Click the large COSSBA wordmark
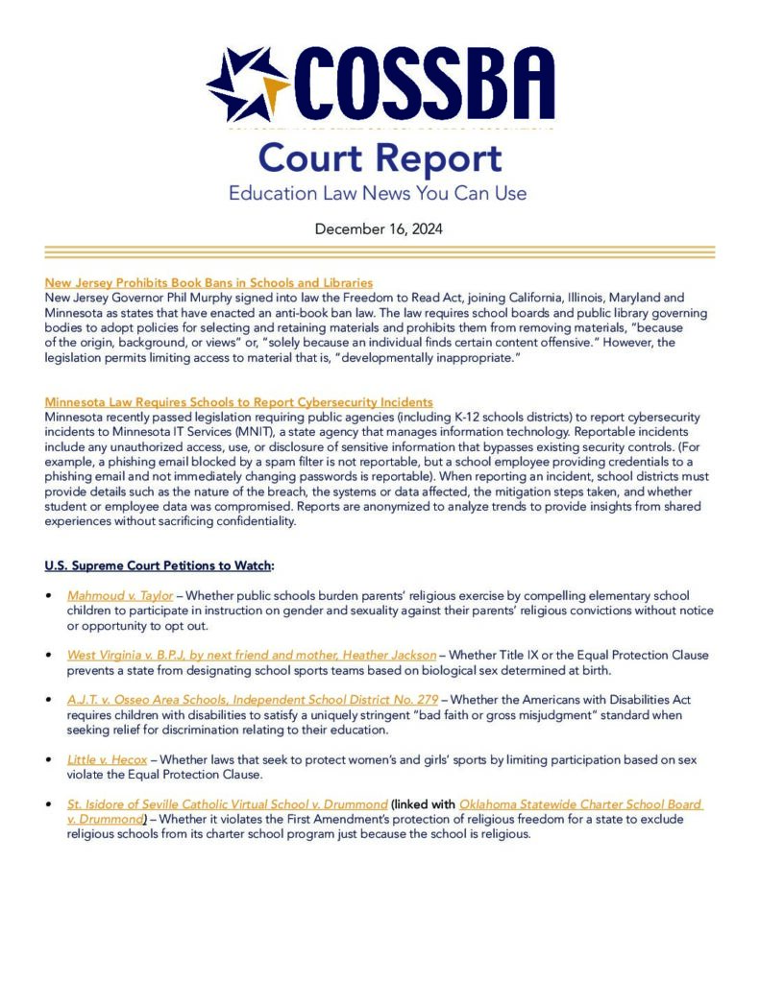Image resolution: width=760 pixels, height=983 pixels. point(423,84)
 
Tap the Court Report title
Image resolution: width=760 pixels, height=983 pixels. point(380,158)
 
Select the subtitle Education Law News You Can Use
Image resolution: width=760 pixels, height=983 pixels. point(378,193)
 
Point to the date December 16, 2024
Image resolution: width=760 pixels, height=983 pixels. point(379,229)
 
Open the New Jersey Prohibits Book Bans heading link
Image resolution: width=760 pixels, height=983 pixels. point(208,283)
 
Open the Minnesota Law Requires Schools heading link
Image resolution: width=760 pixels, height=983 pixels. point(238,401)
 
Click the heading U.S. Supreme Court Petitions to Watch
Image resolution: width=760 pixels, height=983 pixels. point(159,564)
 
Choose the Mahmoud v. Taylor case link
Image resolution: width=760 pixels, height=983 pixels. point(120,596)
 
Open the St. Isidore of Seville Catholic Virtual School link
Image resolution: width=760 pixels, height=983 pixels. point(227,803)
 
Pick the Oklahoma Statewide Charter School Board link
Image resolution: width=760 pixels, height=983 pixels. point(580,803)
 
